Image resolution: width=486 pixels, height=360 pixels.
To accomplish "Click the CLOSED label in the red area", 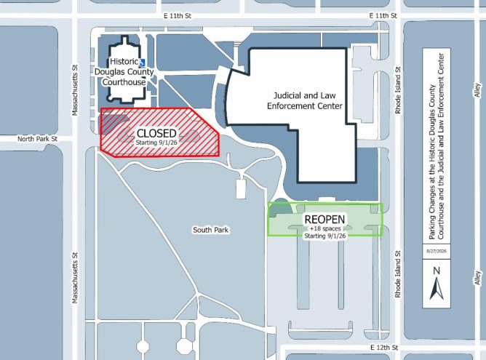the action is tap(156, 134).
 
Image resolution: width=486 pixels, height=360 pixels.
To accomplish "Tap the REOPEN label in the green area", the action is tap(324, 220).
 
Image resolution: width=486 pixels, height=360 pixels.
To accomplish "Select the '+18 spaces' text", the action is tap(325, 228).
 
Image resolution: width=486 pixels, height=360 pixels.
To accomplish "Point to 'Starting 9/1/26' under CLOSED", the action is tap(156, 143).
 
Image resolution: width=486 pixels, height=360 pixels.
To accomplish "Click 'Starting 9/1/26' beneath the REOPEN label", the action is tap(325, 236).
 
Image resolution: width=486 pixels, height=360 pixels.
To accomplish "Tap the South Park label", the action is tap(211, 230).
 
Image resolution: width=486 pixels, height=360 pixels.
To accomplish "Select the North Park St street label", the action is tap(37, 139).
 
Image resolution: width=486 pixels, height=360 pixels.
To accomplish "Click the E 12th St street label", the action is tap(384, 348).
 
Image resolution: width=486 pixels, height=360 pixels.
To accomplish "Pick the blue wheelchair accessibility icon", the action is tap(143, 63).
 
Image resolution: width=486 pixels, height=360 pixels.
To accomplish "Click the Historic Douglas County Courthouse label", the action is tap(124, 72).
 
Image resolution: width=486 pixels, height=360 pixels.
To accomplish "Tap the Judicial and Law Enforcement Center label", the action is tap(305, 100).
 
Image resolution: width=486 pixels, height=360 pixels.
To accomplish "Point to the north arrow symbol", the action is tap(437, 289).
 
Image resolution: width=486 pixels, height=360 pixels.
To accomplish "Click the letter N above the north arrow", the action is tap(437, 271).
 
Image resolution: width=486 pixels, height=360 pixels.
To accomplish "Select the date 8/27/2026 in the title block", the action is tap(437, 251).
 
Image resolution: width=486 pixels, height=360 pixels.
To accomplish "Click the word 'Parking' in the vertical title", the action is tap(432, 228).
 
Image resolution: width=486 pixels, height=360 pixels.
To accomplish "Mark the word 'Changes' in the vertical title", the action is tap(432, 201).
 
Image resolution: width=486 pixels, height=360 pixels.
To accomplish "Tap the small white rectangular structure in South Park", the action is tap(241, 188).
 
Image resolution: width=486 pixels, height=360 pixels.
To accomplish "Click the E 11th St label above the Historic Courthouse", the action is tap(178, 15).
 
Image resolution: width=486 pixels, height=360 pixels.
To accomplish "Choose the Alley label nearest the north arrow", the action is tap(477, 278).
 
